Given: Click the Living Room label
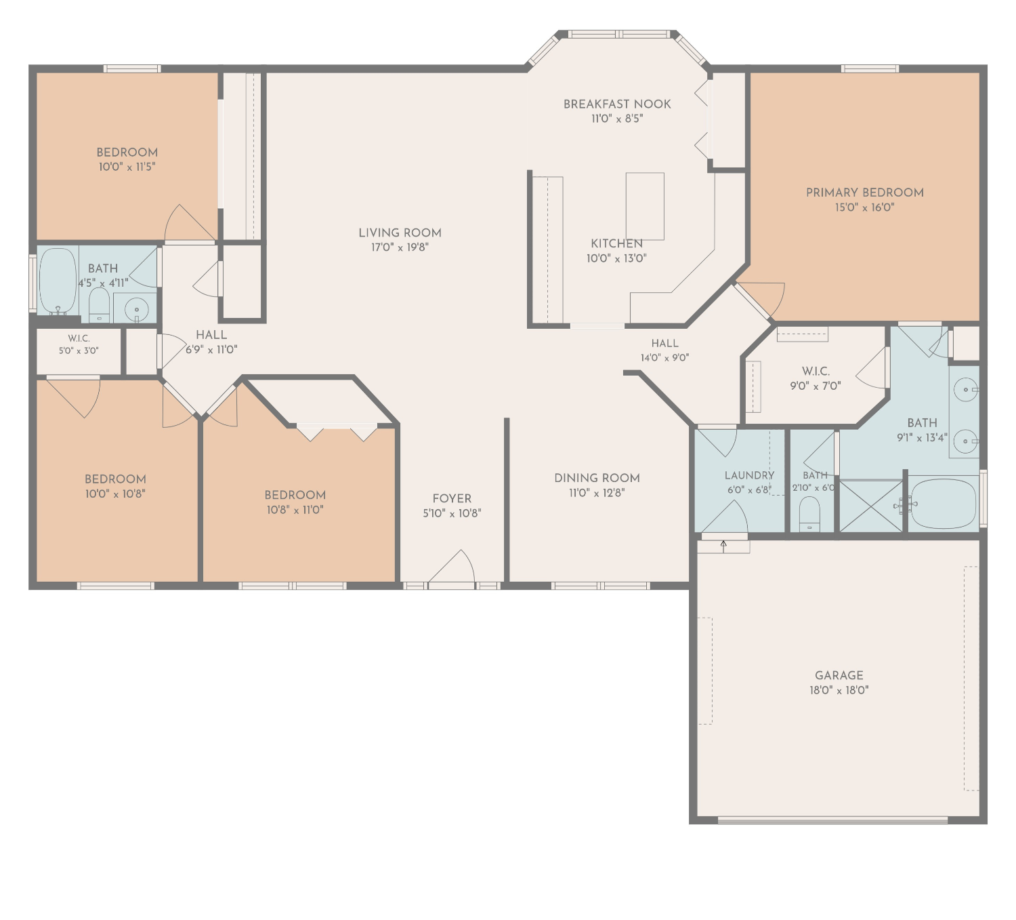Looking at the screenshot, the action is [x=400, y=233].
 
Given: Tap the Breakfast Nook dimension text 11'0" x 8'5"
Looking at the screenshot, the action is [x=617, y=119].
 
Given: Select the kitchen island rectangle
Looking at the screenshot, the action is [x=645, y=206].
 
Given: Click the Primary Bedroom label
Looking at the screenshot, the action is [x=864, y=193].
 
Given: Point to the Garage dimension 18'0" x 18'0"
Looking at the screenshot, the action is [x=839, y=689].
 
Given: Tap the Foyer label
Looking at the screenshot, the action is [x=452, y=498].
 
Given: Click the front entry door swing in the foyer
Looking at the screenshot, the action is [x=452, y=567].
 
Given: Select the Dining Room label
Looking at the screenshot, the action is [x=597, y=478].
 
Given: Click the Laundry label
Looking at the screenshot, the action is [x=749, y=476].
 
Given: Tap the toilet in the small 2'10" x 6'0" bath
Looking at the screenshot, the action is [x=809, y=514].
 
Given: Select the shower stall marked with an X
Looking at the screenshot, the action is [x=870, y=506].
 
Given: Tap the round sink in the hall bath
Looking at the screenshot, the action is [x=135, y=308].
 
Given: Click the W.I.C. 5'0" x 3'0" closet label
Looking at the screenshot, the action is [x=79, y=344].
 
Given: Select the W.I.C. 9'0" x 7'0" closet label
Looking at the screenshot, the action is [x=816, y=378].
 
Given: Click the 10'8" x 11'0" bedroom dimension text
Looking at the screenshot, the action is [x=295, y=510].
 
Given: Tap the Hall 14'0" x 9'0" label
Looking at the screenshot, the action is [x=664, y=350].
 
